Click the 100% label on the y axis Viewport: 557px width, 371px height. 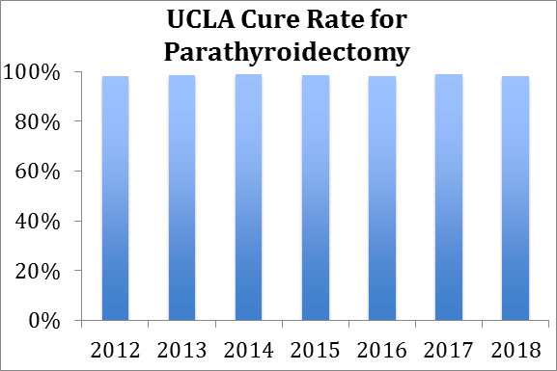35,73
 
